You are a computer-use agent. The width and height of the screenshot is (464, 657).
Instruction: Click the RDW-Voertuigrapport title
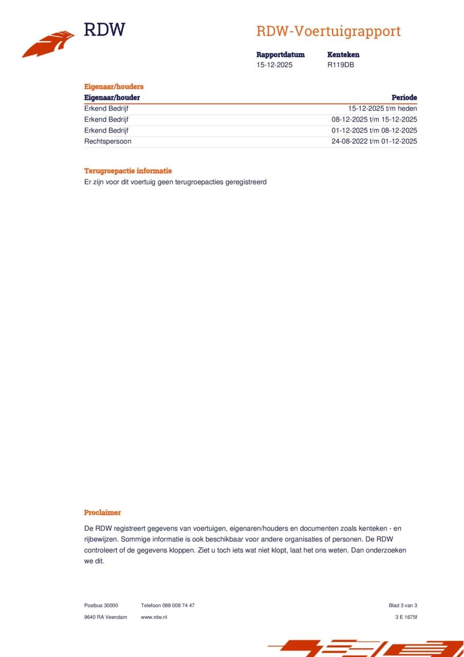coord(328,31)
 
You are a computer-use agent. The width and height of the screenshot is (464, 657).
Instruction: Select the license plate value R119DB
coord(340,65)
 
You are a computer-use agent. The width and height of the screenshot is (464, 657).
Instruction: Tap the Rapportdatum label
coord(280,54)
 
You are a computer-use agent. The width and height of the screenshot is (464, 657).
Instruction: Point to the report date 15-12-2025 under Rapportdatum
coord(274,65)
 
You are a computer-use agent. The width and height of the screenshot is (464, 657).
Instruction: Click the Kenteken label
coord(343,54)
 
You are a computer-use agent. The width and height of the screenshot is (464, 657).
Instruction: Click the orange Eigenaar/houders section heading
coord(113,87)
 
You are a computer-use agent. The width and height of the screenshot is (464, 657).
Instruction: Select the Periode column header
coord(404,98)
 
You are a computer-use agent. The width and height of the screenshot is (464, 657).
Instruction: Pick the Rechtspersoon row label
coord(107,141)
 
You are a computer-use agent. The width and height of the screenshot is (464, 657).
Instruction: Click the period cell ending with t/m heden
coord(382,109)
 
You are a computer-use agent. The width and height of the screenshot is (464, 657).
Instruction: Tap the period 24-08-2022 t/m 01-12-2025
coord(374,141)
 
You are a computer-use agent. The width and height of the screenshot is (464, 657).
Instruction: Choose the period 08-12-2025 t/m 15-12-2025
coord(374,120)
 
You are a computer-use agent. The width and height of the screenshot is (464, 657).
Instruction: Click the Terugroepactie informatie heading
coord(128,171)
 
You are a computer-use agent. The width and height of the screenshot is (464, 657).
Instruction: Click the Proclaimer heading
coord(102,512)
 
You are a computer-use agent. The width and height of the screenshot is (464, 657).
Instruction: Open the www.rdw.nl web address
coord(154,617)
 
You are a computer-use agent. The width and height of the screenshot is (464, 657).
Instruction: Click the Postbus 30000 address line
coord(101,606)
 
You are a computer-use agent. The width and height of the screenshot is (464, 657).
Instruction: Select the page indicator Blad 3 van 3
coord(403,606)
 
